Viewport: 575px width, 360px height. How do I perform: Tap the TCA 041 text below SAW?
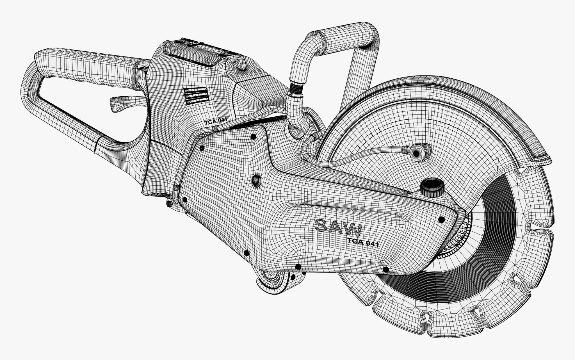363,242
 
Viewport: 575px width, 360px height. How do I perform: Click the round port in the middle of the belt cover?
256,179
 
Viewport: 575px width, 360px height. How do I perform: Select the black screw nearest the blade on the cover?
441,219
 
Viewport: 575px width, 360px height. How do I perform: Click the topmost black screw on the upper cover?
253,136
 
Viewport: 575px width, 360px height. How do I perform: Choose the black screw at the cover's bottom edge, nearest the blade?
386,270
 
